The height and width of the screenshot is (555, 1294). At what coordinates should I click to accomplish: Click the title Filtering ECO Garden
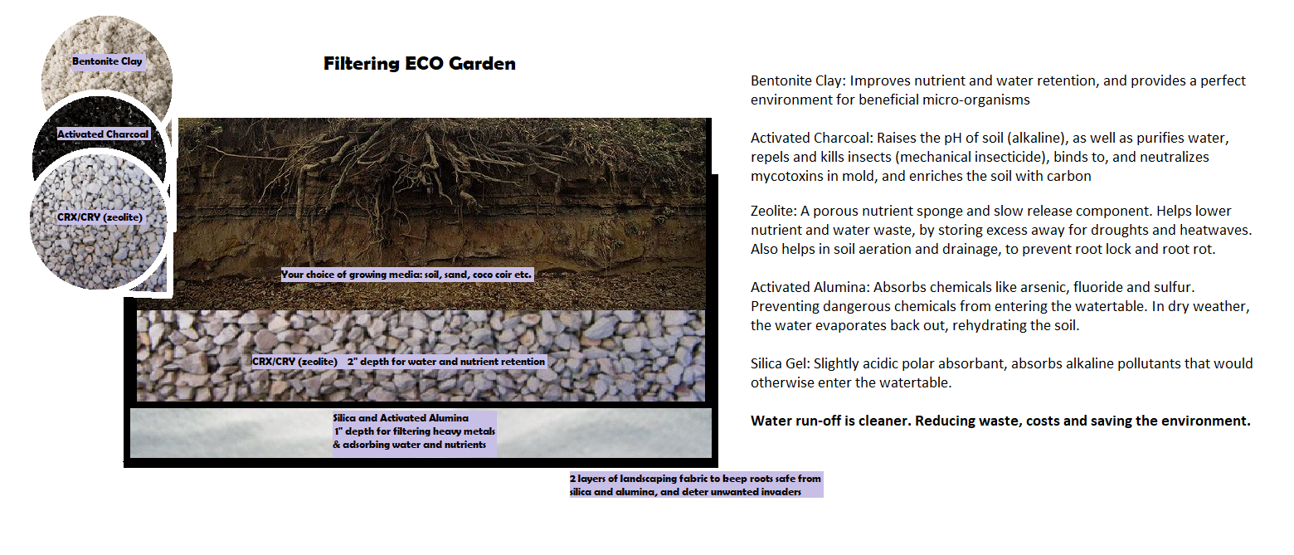click(x=420, y=64)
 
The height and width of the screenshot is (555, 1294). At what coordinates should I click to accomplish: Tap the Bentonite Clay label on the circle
click(x=107, y=61)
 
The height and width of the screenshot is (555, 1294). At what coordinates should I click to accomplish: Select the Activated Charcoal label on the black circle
click(x=103, y=134)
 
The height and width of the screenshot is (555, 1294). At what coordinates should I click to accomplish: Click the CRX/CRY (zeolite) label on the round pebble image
click(x=100, y=217)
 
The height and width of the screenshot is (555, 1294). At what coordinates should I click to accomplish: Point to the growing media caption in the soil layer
click(x=406, y=275)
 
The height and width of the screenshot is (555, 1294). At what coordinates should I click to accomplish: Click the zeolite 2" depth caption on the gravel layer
click(x=399, y=362)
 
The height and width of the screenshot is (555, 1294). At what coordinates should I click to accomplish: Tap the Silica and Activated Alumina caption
click(x=414, y=431)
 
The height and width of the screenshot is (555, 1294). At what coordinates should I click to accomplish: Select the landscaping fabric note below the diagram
click(x=695, y=485)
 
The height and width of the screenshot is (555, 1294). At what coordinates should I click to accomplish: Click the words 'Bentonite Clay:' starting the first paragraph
click(x=798, y=80)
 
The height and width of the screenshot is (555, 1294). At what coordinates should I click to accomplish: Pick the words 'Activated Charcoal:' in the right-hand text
click(x=811, y=138)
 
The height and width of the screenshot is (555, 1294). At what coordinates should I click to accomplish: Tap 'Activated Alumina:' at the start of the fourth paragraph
click(x=810, y=287)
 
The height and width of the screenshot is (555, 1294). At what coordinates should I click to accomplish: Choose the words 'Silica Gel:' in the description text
click(x=780, y=363)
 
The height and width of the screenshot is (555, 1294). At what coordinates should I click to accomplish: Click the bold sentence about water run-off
click(x=1000, y=421)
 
